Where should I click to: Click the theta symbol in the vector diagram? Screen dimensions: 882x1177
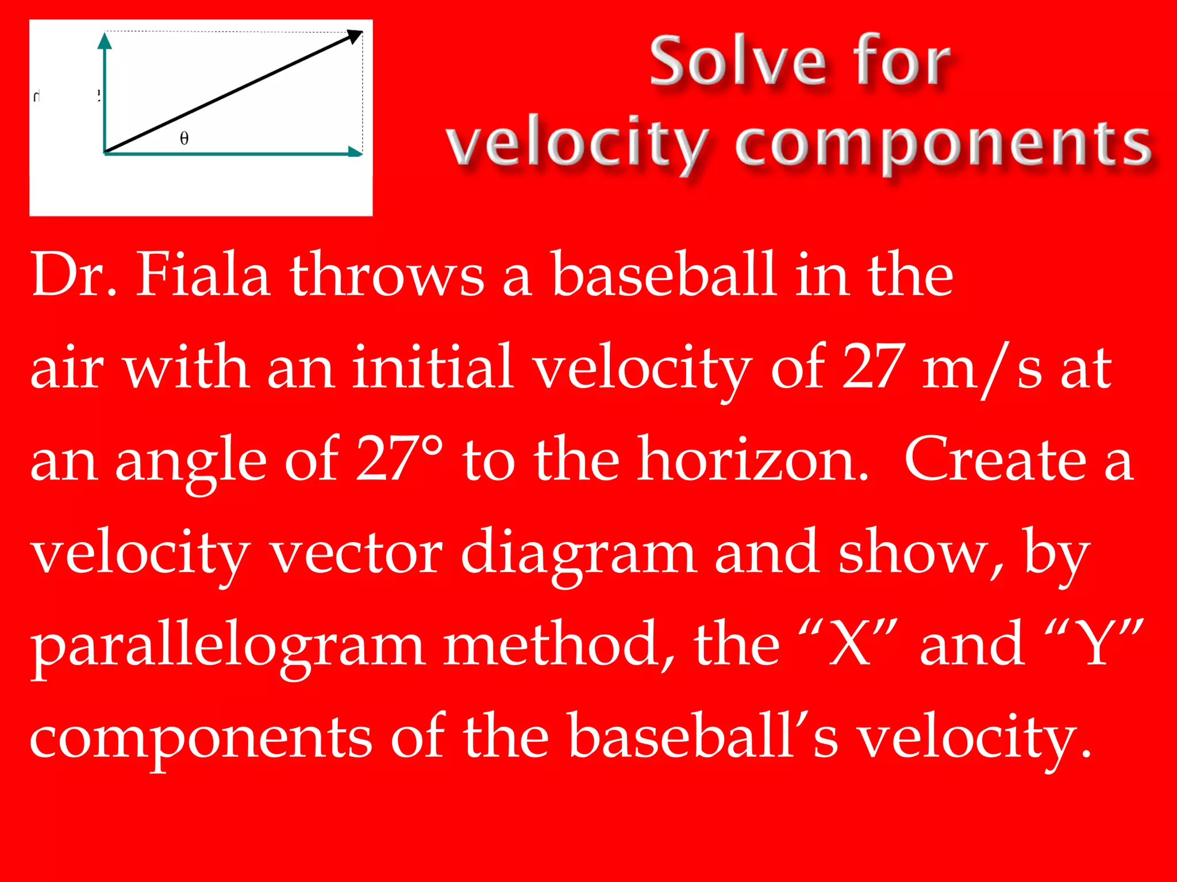pos(184,138)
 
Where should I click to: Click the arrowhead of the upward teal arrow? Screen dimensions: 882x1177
pos(105,40)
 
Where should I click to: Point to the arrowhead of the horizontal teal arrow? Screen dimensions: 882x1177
pos(356,152)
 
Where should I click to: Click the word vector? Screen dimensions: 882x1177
pos(356,553)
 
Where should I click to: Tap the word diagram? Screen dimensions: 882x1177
pos(579,553)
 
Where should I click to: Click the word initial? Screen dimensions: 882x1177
pos(433,367)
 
